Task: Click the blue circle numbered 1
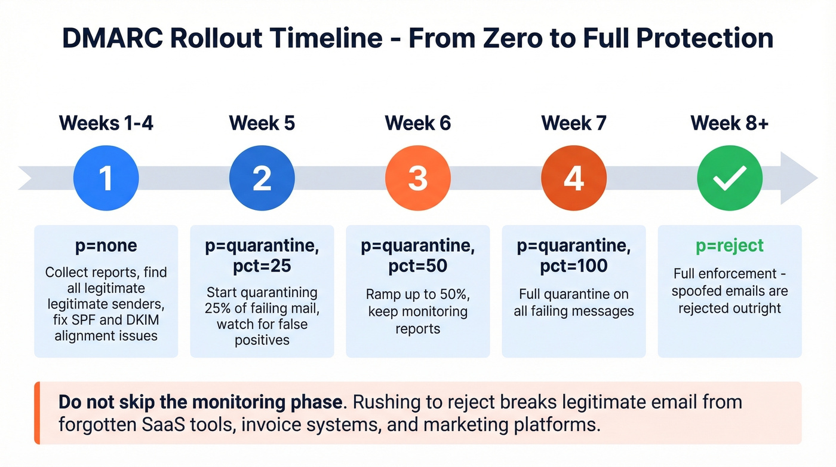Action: coord(106,178)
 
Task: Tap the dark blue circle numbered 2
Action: coord(262,178)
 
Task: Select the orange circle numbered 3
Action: coord(418,178)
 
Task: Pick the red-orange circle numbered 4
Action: coord(574,178)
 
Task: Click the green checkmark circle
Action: coord(730,178)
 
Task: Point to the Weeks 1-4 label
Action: coord(106,123)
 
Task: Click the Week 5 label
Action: coord(262,123)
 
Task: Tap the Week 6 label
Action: coord(418,123)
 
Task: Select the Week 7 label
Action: coord(574,123)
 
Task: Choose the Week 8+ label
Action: coord(730,123)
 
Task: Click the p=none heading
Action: coord(106,246)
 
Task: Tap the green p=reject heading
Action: coord(730,246)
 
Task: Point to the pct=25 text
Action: coord(262,265)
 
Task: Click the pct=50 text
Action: coord(418,265)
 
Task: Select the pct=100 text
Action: coord(574,265)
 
